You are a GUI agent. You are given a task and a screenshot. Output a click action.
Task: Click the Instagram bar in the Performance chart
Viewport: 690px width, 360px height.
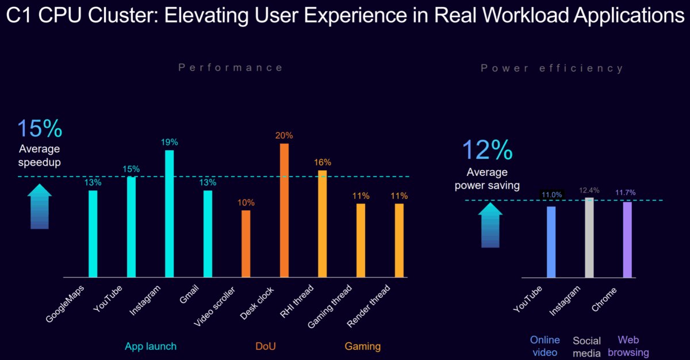pyautogui.click(x=170, y=214)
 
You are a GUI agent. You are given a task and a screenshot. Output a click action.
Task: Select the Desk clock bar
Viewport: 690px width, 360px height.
pyautogui.click(x=284, y=210)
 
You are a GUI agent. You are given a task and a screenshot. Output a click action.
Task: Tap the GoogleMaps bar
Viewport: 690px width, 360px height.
pyautogui.click(x=93, y=233)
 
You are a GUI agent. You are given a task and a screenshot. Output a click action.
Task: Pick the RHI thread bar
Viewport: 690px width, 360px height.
pyautogui.click(x=323, y=224)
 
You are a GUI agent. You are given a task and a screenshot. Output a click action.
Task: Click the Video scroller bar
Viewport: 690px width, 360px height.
pyautogui.click(x=246, y=244)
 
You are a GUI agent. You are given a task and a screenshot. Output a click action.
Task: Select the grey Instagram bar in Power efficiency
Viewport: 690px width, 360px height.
pyautogui.click(x=589, y=238)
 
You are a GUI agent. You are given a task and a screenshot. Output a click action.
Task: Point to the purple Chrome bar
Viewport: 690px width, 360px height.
pyautogui.click(x=627, y=239)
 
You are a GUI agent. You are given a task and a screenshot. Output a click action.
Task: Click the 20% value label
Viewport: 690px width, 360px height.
pyautogui.click(x=284, y=136)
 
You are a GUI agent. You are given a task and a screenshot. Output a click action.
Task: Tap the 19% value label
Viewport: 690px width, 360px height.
pyautogui.click(x=170, y=142)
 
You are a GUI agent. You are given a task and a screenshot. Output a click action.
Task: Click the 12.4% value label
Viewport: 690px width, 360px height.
pyautogui.click(x=589, y=190)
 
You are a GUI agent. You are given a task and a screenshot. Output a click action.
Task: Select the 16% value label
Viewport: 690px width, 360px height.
pyautogui.click(x=323, y=163)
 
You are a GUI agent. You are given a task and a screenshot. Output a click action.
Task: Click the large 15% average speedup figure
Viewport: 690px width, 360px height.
pyautogui.click(x=40, y=129)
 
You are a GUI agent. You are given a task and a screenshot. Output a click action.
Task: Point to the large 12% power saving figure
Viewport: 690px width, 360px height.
pyautogui.click(x=487, y=150)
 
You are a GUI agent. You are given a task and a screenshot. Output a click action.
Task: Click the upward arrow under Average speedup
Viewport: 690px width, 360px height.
pyautogui.click(x=40, y=206)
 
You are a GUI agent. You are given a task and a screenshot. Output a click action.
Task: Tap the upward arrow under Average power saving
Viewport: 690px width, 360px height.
pyautogui.click(x=490, y=227)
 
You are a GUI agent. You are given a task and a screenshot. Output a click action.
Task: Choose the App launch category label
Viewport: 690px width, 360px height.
pyautogui.click(x=151, y=346)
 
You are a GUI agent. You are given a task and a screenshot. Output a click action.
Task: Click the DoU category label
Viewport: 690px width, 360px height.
pyautogui.click(x=265, y=346)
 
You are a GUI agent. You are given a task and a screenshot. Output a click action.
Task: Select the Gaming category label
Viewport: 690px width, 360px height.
pyautogui.click(x=362, y=346)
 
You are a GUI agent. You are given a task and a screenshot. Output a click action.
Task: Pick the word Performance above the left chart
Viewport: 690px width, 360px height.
pyautogui.click(x=231, y=68)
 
